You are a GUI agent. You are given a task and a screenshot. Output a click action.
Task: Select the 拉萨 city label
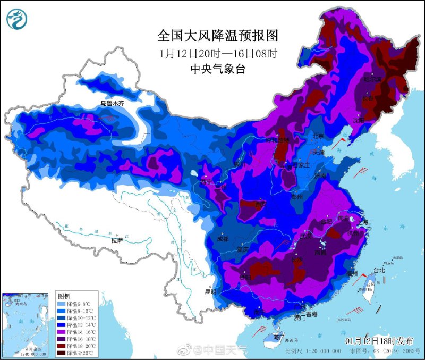117,240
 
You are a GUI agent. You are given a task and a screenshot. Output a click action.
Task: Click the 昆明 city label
210,291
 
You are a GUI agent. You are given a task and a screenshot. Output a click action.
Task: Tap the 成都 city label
223,239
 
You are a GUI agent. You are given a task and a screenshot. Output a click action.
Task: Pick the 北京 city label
318,136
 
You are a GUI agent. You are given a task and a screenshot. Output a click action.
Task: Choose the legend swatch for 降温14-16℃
62,332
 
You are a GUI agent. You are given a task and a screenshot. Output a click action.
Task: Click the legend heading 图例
64,295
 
